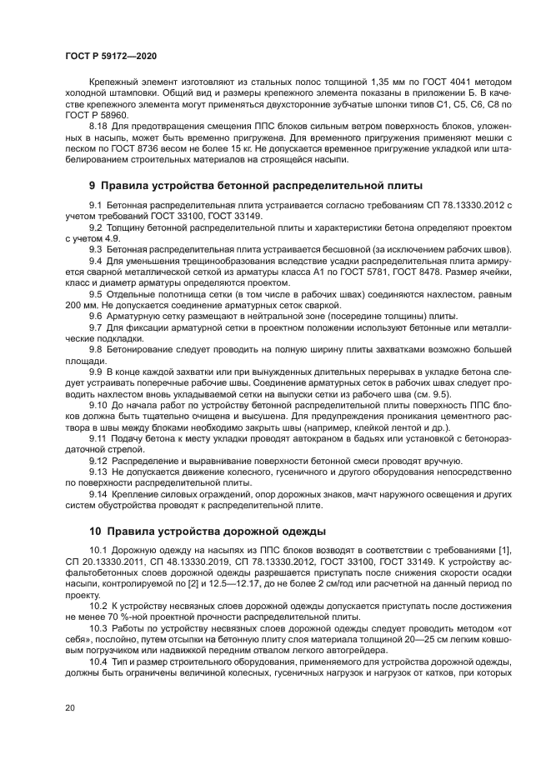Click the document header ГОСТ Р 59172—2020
pyautogui.click(x=110, y=54)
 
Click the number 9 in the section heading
pyautogui.click(x=93, y=185)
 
